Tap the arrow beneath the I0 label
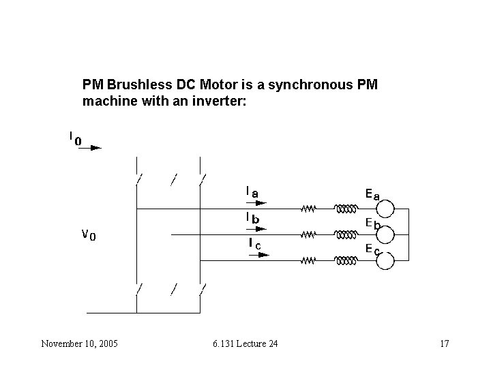pyautogui.click(x=89, y=147)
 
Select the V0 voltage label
pyautogui.click(x=89, y=235)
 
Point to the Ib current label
pyautogui.click(x=253, y=218)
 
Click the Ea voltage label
pyautogui.click(x=372, y=195)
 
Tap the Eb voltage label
pyautogui.click(x=372, y=223)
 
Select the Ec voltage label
pyautogui.click(x=372, y=249)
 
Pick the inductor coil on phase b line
pyautogui.click(x=345, y=234)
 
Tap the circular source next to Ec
pyautogui.click(x=386, y=260)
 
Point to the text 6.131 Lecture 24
pyautogui.click(x=245, y=343)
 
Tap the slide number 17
pyautogui.click(x=444, y=343)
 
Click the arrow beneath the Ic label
pyautogui.click(x=259, y=254)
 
